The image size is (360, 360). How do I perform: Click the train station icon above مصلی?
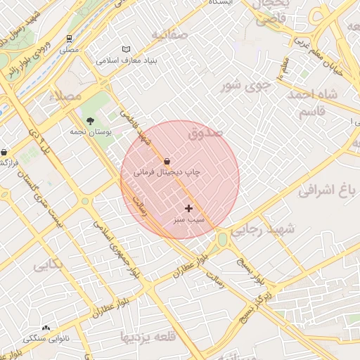pyautogui.click(x=70, y=39)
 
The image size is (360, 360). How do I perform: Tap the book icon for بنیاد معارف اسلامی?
pyautogui.click(x=127, y=49)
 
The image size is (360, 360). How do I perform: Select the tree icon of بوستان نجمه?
pyautogui.click(x=90, y=121)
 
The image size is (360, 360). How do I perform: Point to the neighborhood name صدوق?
pyautogui.click(x=205, y=131)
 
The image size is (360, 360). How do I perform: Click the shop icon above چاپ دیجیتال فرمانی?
pyautogui.click(x=167, y=161)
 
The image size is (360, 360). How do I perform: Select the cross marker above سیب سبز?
pyautogui.click(x=188, y=208)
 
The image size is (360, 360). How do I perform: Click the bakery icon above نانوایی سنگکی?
pyautogui.click(x=46, y=328)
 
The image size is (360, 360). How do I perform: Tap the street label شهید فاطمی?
pyautogui.click(x=139, y=127)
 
